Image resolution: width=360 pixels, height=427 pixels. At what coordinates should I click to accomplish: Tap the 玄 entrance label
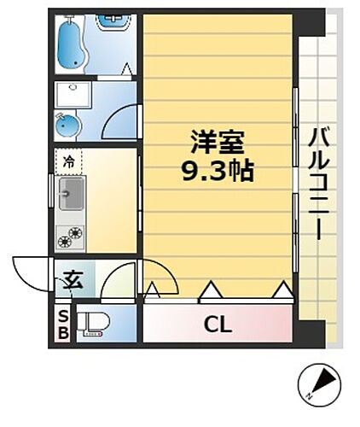[73, 279]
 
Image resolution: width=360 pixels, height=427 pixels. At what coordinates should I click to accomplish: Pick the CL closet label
[218, 325]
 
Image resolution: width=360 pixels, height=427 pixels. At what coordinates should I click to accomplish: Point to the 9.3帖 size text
[218, 171]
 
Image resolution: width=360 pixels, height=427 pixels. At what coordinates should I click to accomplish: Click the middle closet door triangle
[208, 294]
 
